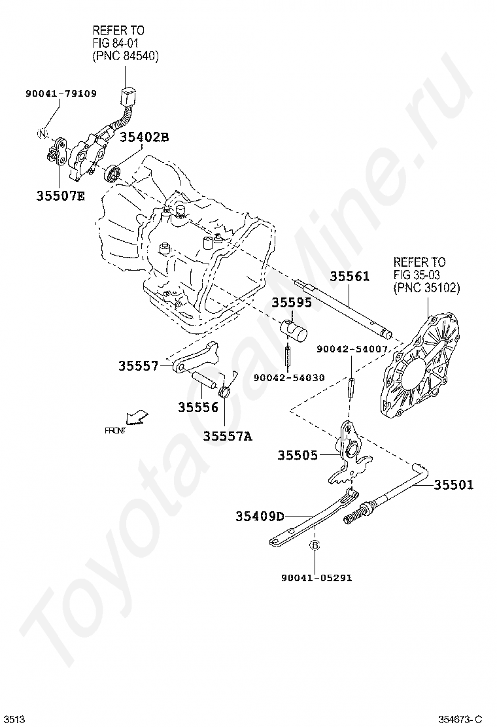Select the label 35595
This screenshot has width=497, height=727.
292,303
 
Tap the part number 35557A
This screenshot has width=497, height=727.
227,436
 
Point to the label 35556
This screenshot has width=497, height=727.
197,407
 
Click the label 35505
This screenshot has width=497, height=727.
297,455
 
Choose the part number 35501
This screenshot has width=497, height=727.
454,484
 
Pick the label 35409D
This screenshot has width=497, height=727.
260,516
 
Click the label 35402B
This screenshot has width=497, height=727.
145,137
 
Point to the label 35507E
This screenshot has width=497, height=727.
60,195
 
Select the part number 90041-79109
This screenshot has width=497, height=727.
61,93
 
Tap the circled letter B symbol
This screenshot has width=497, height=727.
313,545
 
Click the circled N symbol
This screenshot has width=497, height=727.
43,134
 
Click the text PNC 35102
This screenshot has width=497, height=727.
427,287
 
